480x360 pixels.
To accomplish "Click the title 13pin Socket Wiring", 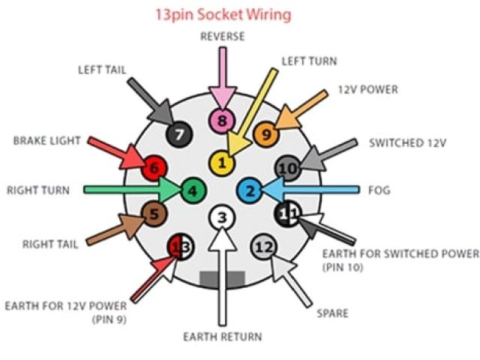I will coord(222,14).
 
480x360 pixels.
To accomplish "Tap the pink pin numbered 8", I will coord(220,119).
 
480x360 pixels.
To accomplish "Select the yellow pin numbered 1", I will coord(220,161).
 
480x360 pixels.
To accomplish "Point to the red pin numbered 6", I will coord(155,167).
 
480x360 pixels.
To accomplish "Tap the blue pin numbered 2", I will coord(250,190).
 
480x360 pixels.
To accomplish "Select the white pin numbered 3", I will coord(220,218).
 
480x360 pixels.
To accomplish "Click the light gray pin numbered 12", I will coord(263,246).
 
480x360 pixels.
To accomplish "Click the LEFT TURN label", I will coord(309,61).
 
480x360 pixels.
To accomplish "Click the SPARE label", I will coord(333,313).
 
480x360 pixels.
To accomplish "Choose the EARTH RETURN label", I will coord(222,337).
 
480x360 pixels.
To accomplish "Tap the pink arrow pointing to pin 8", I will coord(220,75).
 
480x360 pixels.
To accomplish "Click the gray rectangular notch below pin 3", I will coord(222,278).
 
